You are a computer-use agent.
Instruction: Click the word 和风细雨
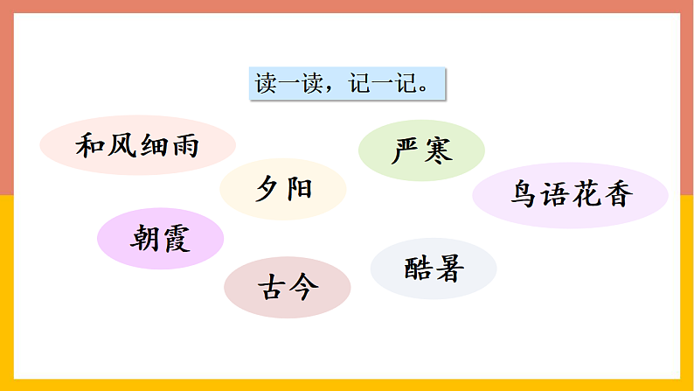tap(138, 144)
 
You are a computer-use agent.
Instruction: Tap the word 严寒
tap(421, 151)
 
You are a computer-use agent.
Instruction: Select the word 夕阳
tap(283, 189)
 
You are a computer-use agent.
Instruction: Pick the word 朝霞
tap(161, 238)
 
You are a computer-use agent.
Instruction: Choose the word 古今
tap(287, 287)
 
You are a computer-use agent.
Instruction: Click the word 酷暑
tap(434, 269)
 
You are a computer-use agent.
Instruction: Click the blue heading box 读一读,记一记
tap(346, 84)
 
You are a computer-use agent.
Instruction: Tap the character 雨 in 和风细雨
tap(185, 144)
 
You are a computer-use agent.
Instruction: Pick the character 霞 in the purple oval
tap(176, 238)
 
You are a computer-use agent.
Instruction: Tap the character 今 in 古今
tap(302, 287)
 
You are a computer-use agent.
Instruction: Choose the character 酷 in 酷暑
tap(418, 269)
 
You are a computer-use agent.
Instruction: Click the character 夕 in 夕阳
tap(267, 189)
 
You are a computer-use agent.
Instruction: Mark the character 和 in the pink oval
tap(91, 144)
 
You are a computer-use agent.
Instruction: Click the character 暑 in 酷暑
tap(449, 269)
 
